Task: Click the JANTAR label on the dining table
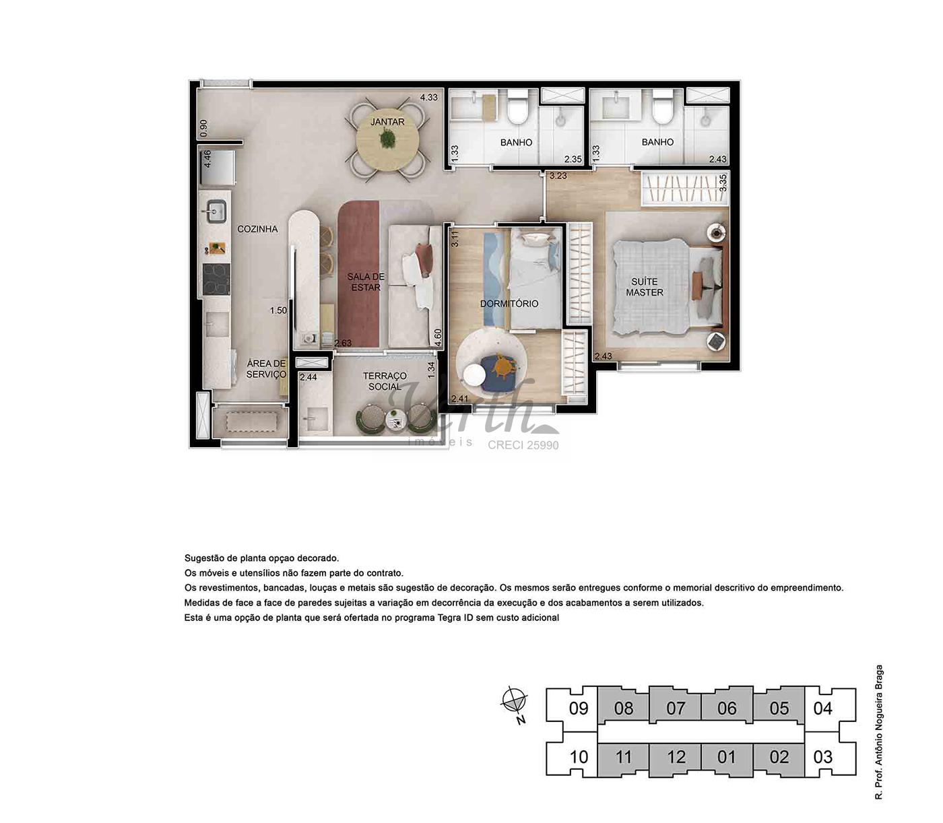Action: [x=387, y=122]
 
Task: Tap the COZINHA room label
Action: [x=257, y=229]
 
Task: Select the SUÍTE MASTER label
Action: [x=645, y=287]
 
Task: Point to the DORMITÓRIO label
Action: [x=509, y=304]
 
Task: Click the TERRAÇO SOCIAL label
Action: [x=385, y=381]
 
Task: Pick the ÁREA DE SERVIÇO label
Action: [x=266, y=369]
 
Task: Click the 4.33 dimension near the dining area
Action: [x=428, y=97]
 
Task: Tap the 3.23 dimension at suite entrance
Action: [x=558, y=176]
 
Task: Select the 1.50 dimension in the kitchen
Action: [x=278, y=310]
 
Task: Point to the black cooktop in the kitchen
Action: [x=216, y=279]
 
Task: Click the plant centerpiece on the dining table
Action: [x=387, y=139]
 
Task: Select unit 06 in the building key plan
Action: [x=727, y=709]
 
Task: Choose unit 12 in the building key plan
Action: [x=676, y=757]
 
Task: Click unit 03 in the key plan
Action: [x=823, y=757]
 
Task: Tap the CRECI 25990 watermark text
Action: [x=523, y=445]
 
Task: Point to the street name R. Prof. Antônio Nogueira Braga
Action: [x=879, y=732]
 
